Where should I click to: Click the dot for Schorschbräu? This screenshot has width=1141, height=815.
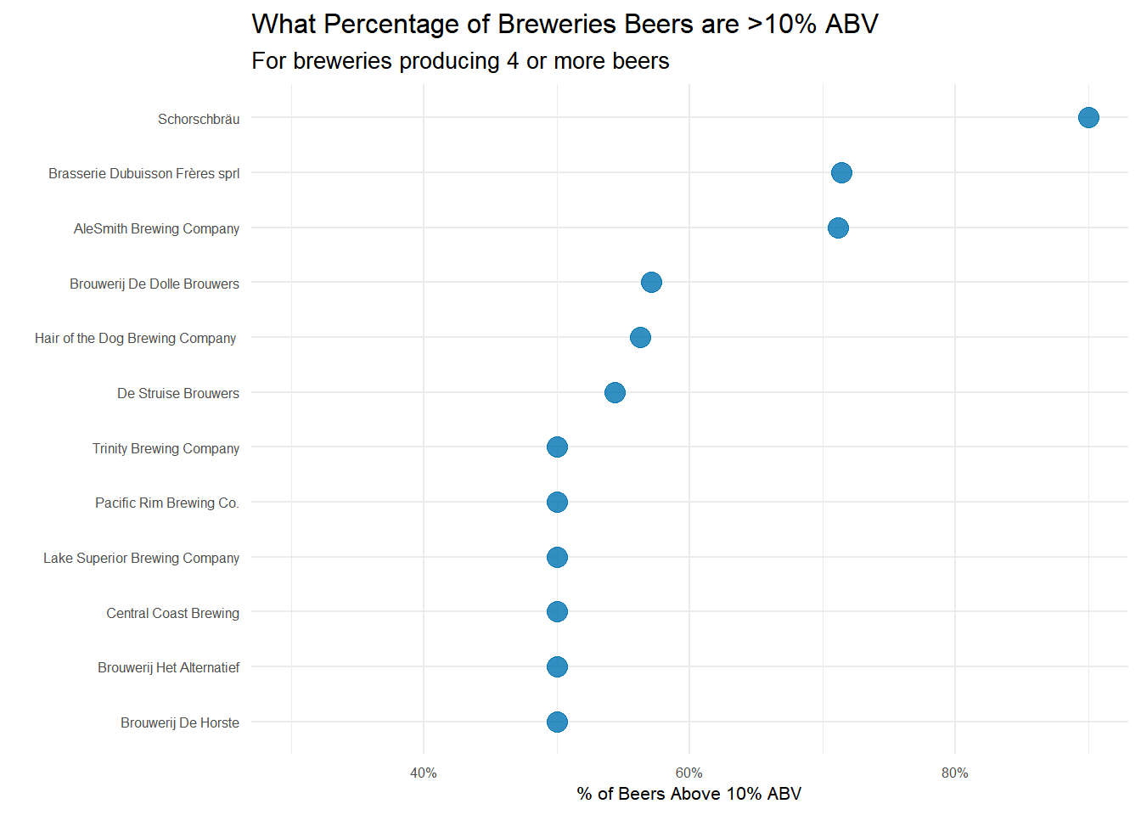(1088, 117)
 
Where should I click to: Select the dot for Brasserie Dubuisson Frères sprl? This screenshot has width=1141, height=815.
(841, 172)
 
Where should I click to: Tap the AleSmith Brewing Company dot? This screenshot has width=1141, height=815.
(838, 228)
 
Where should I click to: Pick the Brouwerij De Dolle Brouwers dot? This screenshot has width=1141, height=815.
(651, 282)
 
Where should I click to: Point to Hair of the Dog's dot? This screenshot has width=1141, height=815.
(640, 337)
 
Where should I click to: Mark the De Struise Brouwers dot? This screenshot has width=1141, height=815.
(615, 392)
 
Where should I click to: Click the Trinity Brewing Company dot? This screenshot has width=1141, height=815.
(557, 447)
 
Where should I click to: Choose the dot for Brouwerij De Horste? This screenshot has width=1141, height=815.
(557, 722)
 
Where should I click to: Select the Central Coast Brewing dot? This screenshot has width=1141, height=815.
(557, 611)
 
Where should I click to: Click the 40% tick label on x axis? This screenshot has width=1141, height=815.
(423, 773)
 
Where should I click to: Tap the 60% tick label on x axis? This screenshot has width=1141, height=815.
(689, 773)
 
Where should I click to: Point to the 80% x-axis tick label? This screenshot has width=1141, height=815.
(954, 773)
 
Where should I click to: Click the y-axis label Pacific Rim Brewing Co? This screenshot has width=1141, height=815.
(166, 503)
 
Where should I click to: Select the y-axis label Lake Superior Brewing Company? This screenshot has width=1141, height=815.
(141, 558)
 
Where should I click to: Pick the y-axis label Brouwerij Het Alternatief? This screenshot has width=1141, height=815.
(168, 667)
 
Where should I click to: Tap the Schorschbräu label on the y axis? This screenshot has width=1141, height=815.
(198, 119)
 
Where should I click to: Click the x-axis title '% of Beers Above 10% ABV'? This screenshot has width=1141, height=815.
(689, 794)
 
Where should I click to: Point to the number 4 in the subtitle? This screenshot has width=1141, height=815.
(512, 61)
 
